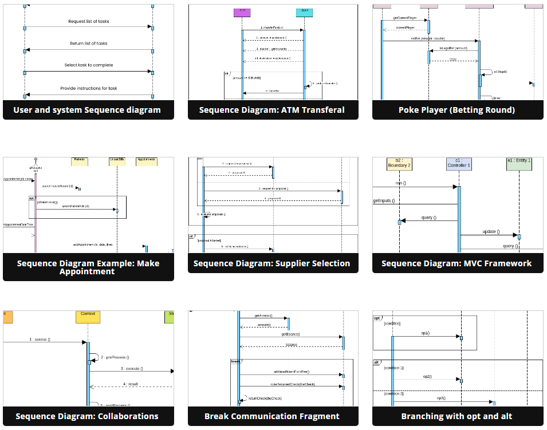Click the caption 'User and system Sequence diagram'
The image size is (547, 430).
87,110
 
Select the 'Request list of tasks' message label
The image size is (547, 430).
89,22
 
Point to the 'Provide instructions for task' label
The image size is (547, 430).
89,88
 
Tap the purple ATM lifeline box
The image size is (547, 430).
243,13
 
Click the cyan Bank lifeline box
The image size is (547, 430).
304,13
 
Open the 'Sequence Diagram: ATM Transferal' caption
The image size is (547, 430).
272,110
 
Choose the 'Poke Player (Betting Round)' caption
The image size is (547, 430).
457,110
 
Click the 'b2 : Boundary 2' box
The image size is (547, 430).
399,163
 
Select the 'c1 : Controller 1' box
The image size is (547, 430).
459,163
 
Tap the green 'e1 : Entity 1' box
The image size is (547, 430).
519,163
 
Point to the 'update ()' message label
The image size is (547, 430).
490,231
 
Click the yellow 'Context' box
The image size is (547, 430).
88,316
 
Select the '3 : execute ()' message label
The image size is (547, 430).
132,369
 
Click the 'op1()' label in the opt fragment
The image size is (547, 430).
426,333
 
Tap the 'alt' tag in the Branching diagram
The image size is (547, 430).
377,362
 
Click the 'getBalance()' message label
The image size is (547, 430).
290,334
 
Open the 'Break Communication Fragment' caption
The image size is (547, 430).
272,416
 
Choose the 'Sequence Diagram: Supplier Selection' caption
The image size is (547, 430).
272,263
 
